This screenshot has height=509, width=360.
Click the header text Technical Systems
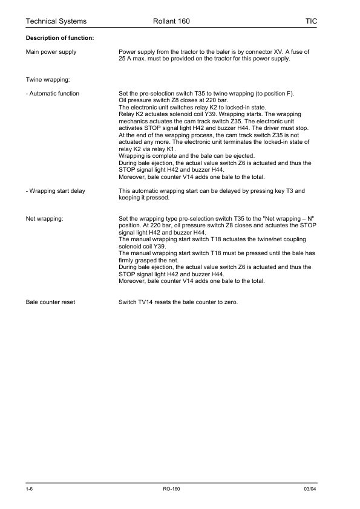pos(56,21)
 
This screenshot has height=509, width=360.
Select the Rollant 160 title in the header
pos(172,21)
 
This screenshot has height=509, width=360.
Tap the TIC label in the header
pos(311,21)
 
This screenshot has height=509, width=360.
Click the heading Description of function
pos(59,39)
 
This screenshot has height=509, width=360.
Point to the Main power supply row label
pos(51,52)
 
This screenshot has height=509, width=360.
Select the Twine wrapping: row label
pos(48,79)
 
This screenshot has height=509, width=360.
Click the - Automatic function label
pos(52,94)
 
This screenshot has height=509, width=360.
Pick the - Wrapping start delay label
pos(55,191)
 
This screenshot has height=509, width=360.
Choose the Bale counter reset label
pos(50,302)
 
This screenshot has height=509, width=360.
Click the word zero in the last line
pos(231,302)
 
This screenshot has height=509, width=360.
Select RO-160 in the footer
pos(172,488)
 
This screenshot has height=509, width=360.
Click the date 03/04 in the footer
pos(310,488)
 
